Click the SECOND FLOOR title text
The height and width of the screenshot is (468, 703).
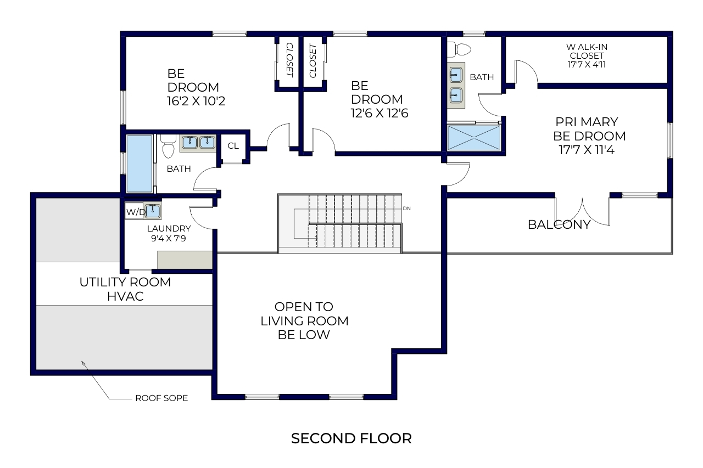coord(351,438)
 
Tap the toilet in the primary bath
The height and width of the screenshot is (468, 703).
coord(459,50)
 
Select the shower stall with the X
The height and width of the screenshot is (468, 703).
coord(474,138)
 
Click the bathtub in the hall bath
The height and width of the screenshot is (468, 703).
coord(140,163)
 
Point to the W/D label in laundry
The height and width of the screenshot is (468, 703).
coord(136,212)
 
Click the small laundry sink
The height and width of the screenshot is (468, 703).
coord(153,210)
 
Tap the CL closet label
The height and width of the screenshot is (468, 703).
coord(233,146)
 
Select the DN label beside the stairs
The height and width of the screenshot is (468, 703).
coord(406,208)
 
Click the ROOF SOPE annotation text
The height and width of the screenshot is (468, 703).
coord(161,398)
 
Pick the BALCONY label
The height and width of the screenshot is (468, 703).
coord(559,224)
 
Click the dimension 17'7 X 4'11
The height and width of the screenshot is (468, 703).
coord(587,65)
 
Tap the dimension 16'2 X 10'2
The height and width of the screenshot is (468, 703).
coord(196,101)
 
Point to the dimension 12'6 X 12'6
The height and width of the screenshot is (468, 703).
coord(380,113)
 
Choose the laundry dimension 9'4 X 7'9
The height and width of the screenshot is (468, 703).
coord(169,238)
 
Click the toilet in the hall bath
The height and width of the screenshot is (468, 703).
coord(169,146)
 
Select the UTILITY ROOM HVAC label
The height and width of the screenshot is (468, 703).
coord(125,289)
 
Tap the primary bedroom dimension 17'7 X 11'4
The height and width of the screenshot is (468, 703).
coord(587,150)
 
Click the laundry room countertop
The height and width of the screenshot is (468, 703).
coord(185,260)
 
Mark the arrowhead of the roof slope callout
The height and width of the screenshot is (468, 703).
coord(82,362)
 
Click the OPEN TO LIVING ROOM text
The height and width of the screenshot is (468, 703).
coord(304,314)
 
